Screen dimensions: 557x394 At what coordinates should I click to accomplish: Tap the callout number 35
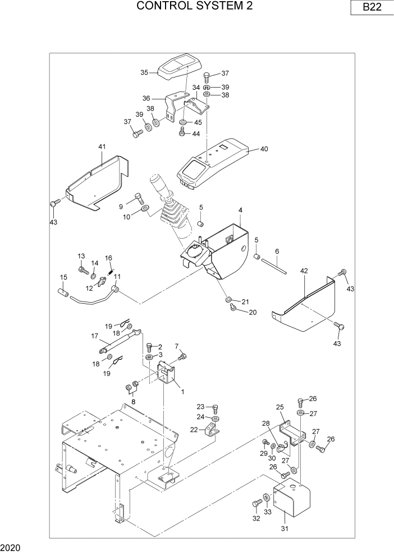pos(144,72)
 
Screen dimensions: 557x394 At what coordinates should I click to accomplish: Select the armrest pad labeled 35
pos(178,67)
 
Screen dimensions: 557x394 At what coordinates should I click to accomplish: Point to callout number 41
pos(102,147)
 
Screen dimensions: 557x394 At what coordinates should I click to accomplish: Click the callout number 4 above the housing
pos(240,210)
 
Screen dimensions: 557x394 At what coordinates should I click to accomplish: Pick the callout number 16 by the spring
pos(109,258)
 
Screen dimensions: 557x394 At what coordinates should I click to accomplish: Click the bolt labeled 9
pos(140,198)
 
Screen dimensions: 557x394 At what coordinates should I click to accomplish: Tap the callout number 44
pos(196,134)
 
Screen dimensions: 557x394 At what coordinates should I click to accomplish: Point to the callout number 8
pos(133,402)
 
